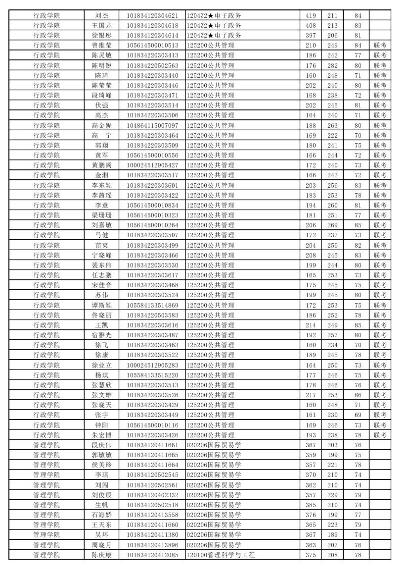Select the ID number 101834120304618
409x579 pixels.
152,25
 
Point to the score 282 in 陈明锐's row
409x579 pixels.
332,65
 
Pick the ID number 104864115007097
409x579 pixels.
152,125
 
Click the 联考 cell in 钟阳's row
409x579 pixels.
380,425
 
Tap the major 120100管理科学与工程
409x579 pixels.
221,555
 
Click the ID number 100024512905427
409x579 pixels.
152,165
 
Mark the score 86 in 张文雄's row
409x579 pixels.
358,395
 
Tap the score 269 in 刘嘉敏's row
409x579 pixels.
332,225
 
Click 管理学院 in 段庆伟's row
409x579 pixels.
46,445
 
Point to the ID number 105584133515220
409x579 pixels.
152,375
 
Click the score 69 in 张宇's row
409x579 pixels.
358,415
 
